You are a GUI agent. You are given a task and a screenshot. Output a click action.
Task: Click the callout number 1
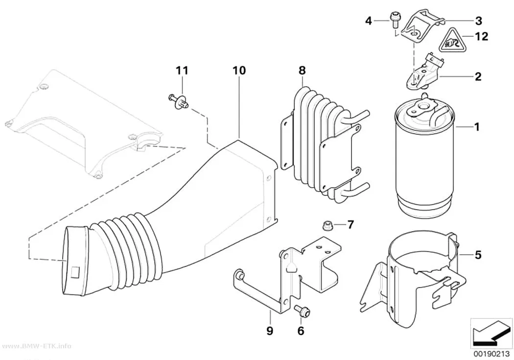[477, 126]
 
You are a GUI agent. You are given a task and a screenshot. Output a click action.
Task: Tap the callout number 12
[481, 36]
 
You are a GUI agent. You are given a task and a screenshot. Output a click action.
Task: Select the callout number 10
[239, 70]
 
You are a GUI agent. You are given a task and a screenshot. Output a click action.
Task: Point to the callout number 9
[269, 331]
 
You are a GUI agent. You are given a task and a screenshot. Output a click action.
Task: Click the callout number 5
[478, 254]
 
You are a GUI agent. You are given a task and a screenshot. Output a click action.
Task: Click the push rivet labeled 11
[179, 99]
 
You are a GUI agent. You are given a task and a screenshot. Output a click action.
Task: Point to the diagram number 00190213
[491, 354]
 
